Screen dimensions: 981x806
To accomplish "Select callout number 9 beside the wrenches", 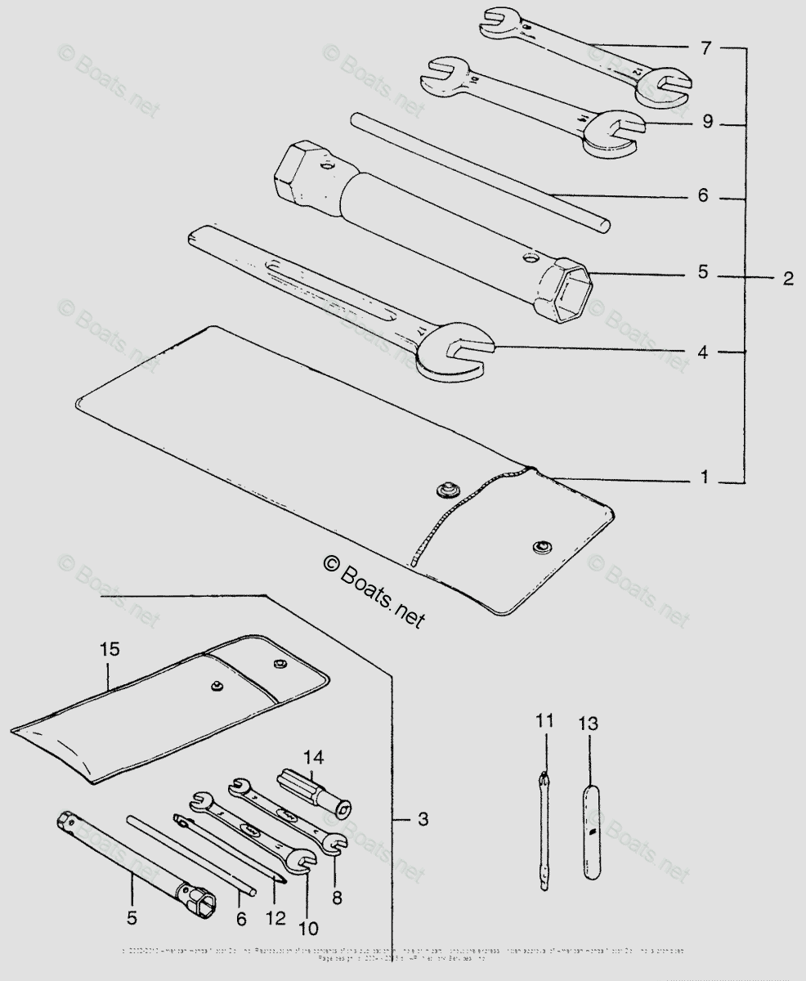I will pyautogui.click(x=706, y=123).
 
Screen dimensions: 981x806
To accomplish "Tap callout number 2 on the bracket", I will pyautogui.click(x=787, y=278).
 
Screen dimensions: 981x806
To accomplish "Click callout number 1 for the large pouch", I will pyautogui.click(x=704, y=477).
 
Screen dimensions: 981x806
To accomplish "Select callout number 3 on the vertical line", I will pyautogui.click(x=421, y=818).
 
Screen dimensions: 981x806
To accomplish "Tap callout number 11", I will pyautogui.click(x=544, y=721).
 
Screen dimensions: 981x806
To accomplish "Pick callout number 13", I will pyautogui.click(x=587, y=723).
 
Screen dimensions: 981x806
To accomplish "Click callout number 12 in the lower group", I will pyautogui.click(x=275, y=917).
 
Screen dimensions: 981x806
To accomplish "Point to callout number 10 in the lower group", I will pyautogui.click(x=310, y=928).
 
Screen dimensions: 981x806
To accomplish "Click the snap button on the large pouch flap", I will pyautogui.click(x=540, y=546).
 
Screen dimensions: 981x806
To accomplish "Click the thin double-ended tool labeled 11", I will pyautogui.click(x=546, y=829).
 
